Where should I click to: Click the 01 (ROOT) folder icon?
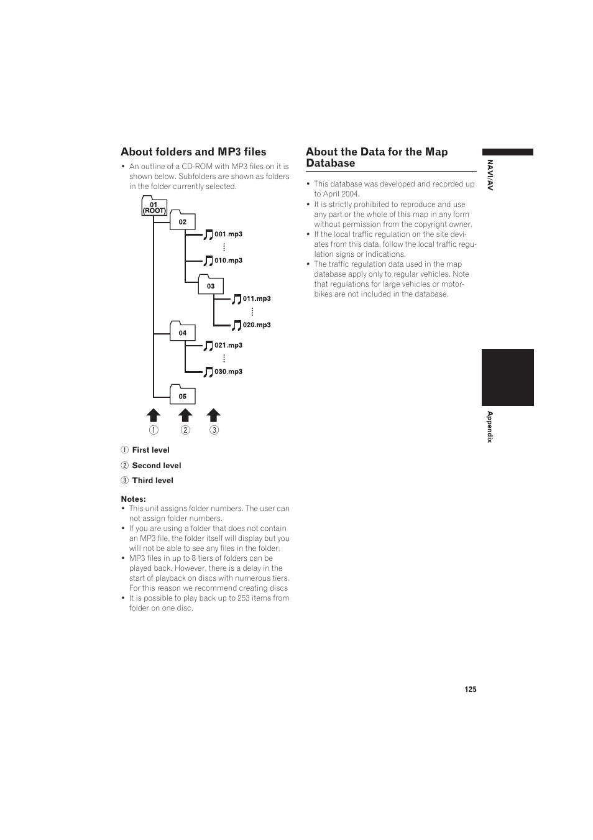pos(154,207)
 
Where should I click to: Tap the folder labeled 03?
pos(211,285)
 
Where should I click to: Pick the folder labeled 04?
pos(182,332)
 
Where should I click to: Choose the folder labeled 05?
pos(182,395)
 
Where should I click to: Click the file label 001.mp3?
pos(228,234)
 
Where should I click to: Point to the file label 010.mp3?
pos(228,261)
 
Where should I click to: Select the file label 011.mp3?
pos(257,299)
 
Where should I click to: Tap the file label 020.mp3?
pos(257,325)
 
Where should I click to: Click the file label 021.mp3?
pos(228,346)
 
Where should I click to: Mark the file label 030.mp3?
pos(228,372)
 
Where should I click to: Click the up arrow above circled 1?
pos(154,415)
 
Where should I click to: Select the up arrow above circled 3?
pos(214,415)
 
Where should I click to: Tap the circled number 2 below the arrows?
pos(185,430)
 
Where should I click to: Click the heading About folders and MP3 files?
pos(193,152)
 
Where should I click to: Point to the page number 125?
pos(470,690)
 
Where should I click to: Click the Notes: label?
pos(133,499)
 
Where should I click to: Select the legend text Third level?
pos(152,481)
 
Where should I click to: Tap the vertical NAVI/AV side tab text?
pos(490,175)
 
